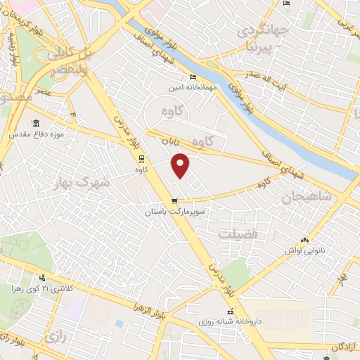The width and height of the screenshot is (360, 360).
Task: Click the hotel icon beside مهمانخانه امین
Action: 193,78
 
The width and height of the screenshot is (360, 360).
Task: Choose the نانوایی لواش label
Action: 302,250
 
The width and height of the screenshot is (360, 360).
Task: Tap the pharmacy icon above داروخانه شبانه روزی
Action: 229,311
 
